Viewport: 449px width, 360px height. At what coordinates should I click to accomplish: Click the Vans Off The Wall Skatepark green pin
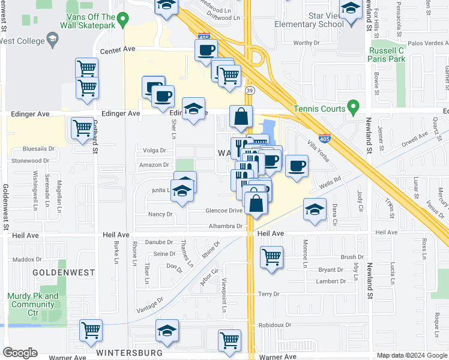[122, 20]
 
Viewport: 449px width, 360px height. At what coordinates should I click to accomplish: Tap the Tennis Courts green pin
[354, 109]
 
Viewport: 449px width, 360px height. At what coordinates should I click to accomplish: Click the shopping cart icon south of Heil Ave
[271, 257]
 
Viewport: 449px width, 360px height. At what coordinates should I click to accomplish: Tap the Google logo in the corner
[20, 353]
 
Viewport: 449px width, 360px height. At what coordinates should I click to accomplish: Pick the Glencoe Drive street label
[224, 210]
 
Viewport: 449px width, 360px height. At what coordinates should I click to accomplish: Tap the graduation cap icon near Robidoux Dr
[167, 330]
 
